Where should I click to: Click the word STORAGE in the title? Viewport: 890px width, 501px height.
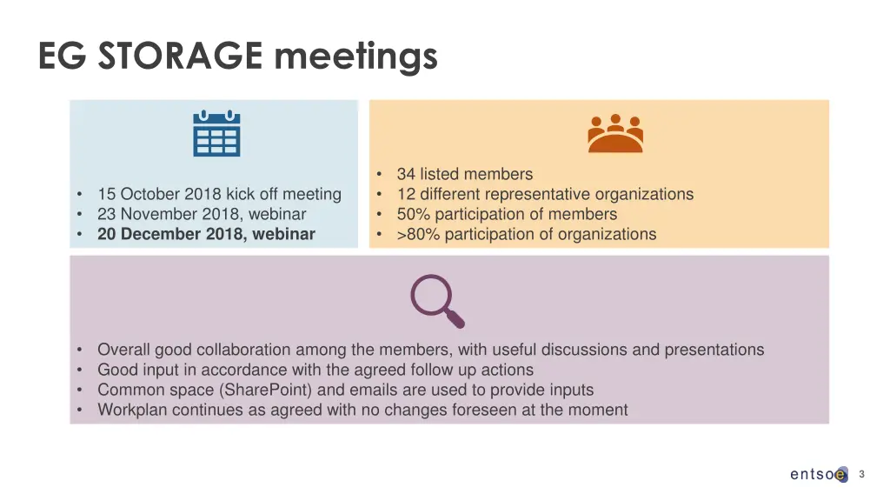179,57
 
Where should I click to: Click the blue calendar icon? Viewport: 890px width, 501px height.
216,133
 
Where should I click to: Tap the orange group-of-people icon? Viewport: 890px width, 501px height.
615,133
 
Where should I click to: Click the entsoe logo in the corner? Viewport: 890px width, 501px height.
818,474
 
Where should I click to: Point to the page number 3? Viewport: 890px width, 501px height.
861,474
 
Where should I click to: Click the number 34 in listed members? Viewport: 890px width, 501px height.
406,174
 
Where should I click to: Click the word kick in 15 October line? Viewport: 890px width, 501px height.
241,194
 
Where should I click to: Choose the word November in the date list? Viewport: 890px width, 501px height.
164,214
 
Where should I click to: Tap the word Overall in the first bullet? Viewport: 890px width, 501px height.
123,350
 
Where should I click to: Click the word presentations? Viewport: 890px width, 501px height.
714,350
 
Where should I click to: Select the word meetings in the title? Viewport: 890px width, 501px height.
355,57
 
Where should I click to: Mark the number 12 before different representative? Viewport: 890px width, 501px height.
406,194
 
